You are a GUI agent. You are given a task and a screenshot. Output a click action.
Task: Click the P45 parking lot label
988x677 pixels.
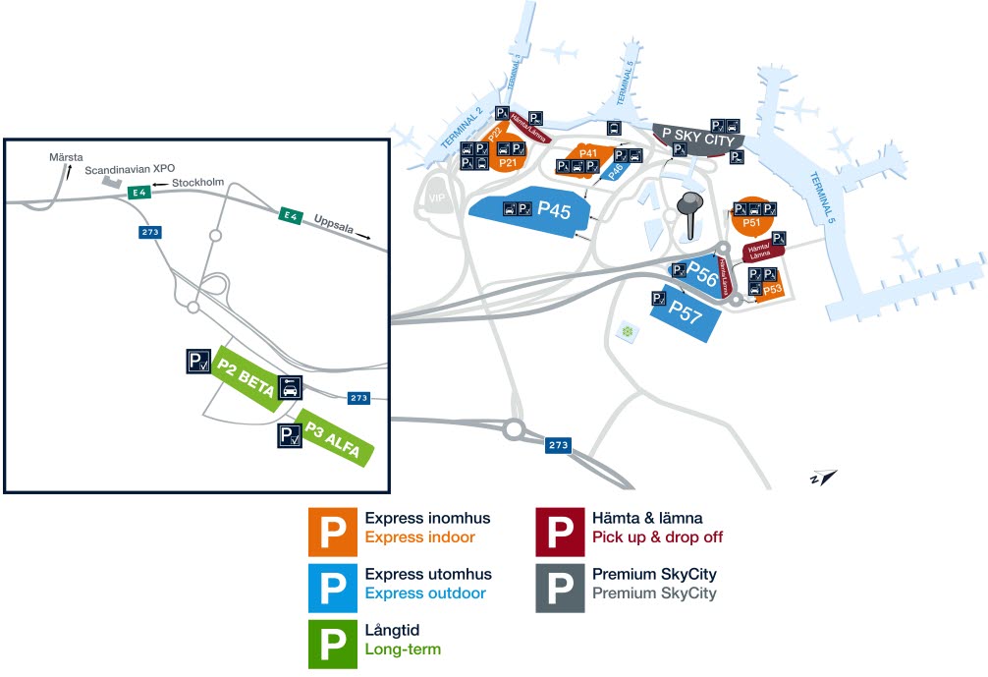(x=554, y=208)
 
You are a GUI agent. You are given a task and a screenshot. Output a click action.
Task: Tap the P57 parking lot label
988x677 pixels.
(x=686, y=312)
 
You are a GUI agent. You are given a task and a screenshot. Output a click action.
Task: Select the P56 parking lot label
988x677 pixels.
(x=701, y=275)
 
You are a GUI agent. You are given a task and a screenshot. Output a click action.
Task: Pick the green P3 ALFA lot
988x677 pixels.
(x=332, y=438)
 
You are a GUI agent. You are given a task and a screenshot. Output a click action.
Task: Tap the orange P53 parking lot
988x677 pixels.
(x=773, y=289)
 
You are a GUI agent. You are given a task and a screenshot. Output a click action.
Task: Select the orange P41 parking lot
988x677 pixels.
(x=588, y=153)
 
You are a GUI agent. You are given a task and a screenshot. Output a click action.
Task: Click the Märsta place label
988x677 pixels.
(x=68, y=157)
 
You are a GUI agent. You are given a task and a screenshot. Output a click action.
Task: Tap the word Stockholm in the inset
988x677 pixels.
(x=198, y=183)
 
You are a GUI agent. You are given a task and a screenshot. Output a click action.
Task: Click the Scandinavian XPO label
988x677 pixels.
(x=130, y=169)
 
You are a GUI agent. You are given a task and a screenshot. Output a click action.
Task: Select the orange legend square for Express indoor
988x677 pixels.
(x=332, y=531)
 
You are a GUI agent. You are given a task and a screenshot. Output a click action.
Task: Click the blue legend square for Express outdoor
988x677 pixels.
(x=332, y=587)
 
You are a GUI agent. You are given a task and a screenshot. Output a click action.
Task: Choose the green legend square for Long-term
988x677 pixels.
(x=332, y=643)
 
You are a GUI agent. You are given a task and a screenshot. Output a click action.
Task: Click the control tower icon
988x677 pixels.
(x=689, y=211)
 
